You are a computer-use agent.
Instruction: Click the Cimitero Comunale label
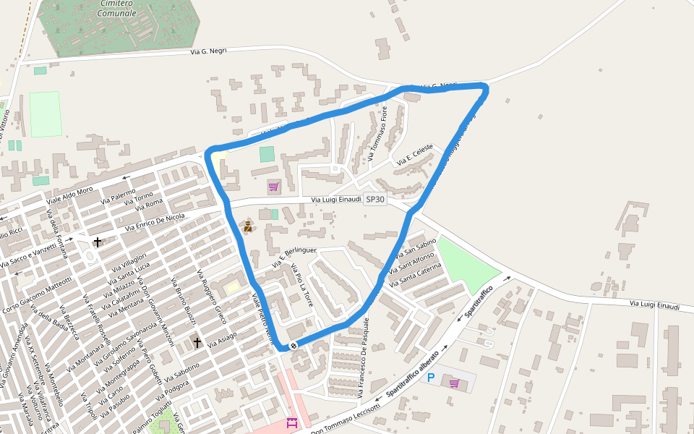pos(116,8)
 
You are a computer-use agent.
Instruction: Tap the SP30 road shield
pos(375,199)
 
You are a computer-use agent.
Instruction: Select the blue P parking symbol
pos(431,378)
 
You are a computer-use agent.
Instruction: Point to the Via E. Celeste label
pos(414,156)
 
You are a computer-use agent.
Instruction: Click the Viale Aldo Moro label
pos(70,195)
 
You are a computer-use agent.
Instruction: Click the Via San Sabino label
pos(416,247)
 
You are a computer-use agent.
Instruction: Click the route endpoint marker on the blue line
pos(294,345)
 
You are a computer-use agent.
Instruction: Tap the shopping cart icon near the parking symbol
pos(454,383)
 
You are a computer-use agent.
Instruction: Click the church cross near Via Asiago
pos(197,341)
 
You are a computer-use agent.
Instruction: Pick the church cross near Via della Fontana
pos(98,241)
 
